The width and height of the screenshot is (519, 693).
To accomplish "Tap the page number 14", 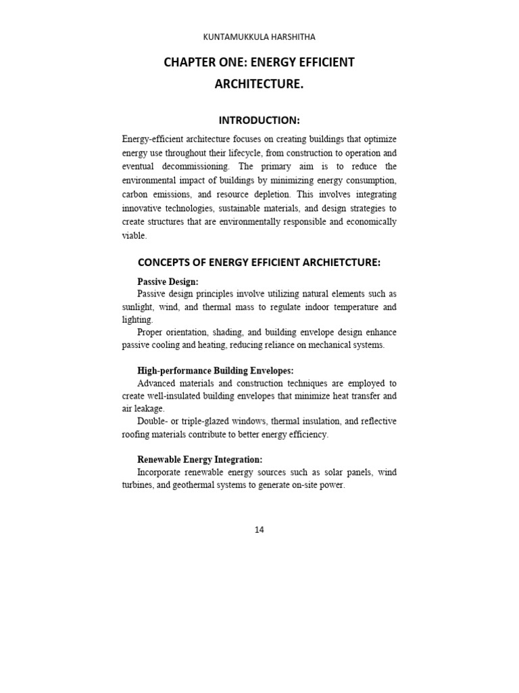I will [259, 530].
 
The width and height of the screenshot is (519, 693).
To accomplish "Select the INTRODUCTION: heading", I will [259, 120].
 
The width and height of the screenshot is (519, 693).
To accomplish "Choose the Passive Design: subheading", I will [168, 282].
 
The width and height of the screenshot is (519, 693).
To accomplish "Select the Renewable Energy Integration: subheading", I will [199, 460].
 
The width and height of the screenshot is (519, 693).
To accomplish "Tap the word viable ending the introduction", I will [133, 236].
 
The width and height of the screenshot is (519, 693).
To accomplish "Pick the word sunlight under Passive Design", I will [138, 307].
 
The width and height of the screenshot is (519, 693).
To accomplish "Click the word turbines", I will [137, 485].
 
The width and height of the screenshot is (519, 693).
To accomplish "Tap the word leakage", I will [151, 409].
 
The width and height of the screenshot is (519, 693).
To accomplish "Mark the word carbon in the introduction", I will [135, 194].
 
